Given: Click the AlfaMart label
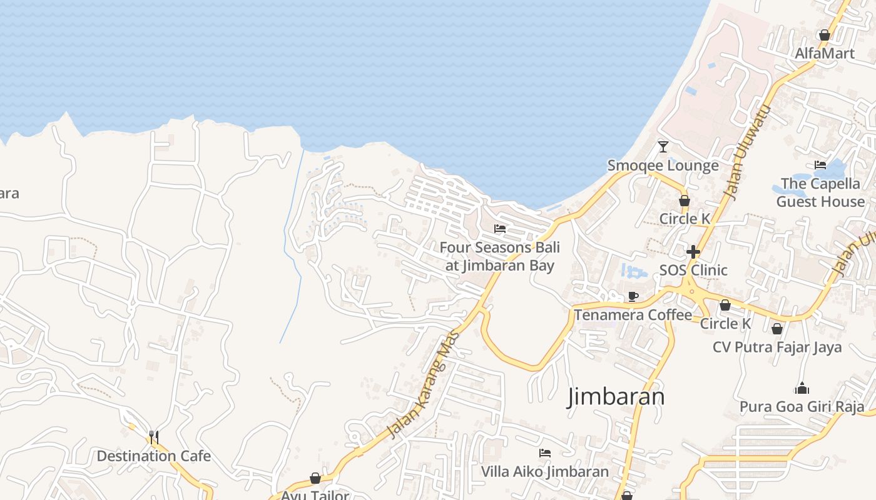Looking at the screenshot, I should pyautogui.click(x=825, y=53).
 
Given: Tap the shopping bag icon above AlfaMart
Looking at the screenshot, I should pyautogui.click(x=825, y=35).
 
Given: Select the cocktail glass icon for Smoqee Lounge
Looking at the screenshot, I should pyautogui.click(x=663, y=147).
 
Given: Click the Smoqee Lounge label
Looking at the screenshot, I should pyautogui.click(x=663, y=166).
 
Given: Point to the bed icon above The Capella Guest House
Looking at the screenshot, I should pyautogui.click(x=820, y=165).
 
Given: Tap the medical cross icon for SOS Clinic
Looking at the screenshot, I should pyautogui.click(x=693, y=252).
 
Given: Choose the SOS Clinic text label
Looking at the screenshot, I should pyautogui.click(x=693, y=270).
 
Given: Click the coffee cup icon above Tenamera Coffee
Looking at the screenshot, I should pyautogui.click(x=633, y=296).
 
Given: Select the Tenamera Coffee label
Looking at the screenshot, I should pyautogui.click(x=633, y=314).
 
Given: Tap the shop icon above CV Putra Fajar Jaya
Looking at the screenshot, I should pyautogui.click(x=777, y=329).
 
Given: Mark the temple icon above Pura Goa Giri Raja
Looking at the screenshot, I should pyautogui.click(x=802, y=389).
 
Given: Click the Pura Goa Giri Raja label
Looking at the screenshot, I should pyautogui.click(x=802, y=407).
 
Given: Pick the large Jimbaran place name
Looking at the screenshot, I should pyautogui.click(x=616, y=397).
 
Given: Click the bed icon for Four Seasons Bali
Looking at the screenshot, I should pyautogui.click(x=500, y=229).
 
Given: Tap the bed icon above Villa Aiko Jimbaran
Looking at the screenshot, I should pyautogui.click(x=545, y=453).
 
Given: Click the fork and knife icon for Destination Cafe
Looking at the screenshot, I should pyautogui.click(x=153, y=437).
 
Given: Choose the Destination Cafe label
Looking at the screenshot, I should pyautogui.click(x=153, y=456).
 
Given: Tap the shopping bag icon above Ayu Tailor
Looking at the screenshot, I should pyautogui.click(x=315, y=478).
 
